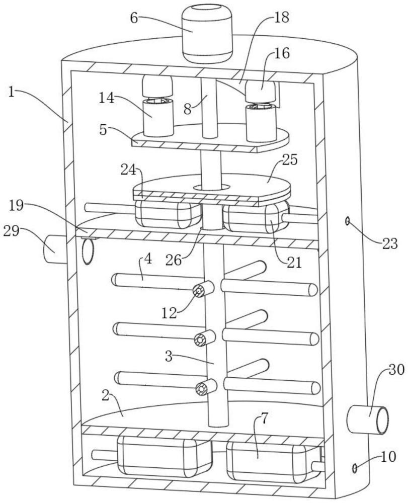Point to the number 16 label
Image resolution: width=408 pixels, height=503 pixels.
pos(282,54)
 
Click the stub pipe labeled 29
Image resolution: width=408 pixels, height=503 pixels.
pos(52,248)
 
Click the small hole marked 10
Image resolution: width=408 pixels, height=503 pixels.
pos(355,468)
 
